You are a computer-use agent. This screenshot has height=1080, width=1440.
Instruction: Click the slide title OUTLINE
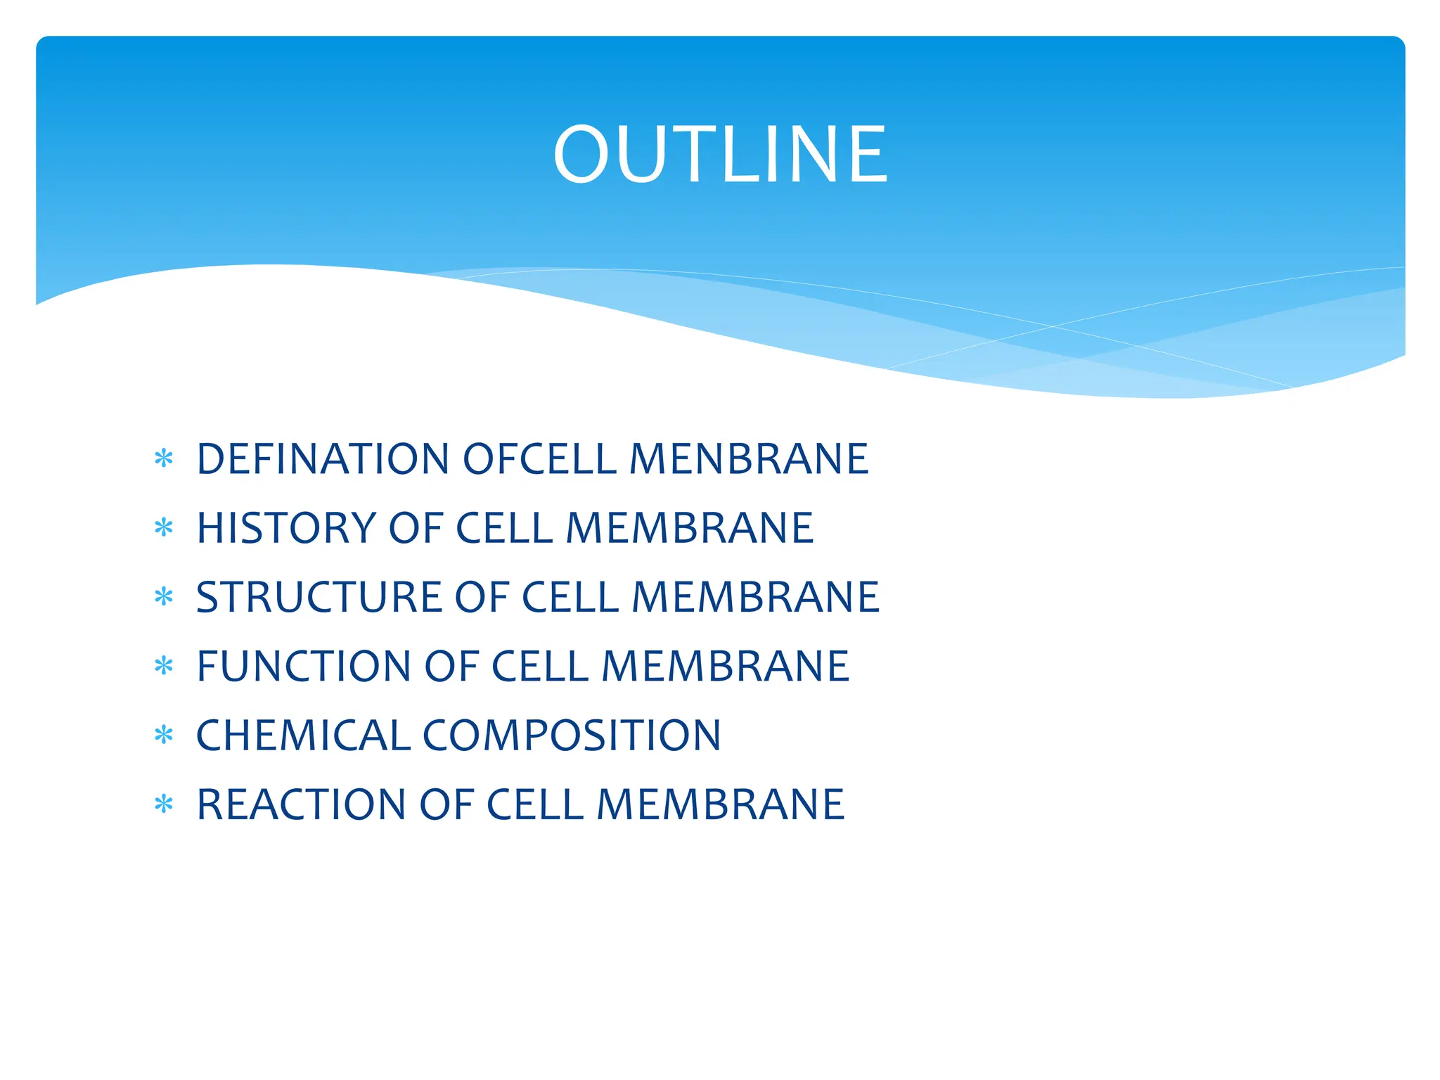[x=720, y=155]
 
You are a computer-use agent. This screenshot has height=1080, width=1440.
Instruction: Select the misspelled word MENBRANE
[x=749, y=459]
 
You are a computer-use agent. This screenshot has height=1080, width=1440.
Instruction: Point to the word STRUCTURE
[x=319, y=597]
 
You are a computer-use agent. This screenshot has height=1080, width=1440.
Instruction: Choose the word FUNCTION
[x=304, y=666]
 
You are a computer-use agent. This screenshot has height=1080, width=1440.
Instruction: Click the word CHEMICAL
[x=303, y=735]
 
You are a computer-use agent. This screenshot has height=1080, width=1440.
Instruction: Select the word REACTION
[x=301, y=804]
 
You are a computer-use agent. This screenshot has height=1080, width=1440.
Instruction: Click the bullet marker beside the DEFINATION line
[x=164, y=459]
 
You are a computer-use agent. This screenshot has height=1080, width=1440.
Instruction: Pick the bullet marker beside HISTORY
[x=164, y=528]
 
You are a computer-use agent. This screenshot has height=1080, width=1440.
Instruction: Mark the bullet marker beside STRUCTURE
[x=164, y=598]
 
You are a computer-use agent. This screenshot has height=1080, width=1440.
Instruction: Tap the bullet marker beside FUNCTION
[x=164, y=667]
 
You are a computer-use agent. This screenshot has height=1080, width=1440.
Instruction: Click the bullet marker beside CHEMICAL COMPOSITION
[x=164, y=735]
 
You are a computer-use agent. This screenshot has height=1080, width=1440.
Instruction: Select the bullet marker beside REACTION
[x=164, y=804]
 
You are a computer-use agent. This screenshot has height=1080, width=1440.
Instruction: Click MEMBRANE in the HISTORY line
[x=690, y=528]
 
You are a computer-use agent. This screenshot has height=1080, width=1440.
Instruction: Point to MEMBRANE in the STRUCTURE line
[x=756, y=597]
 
